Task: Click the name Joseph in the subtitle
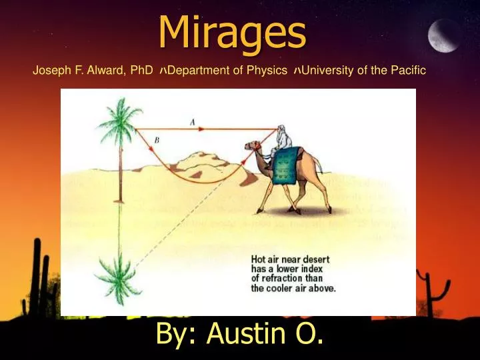49,71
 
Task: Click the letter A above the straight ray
192,121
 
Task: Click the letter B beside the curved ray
157,141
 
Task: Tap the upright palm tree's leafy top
119,120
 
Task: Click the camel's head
253,146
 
